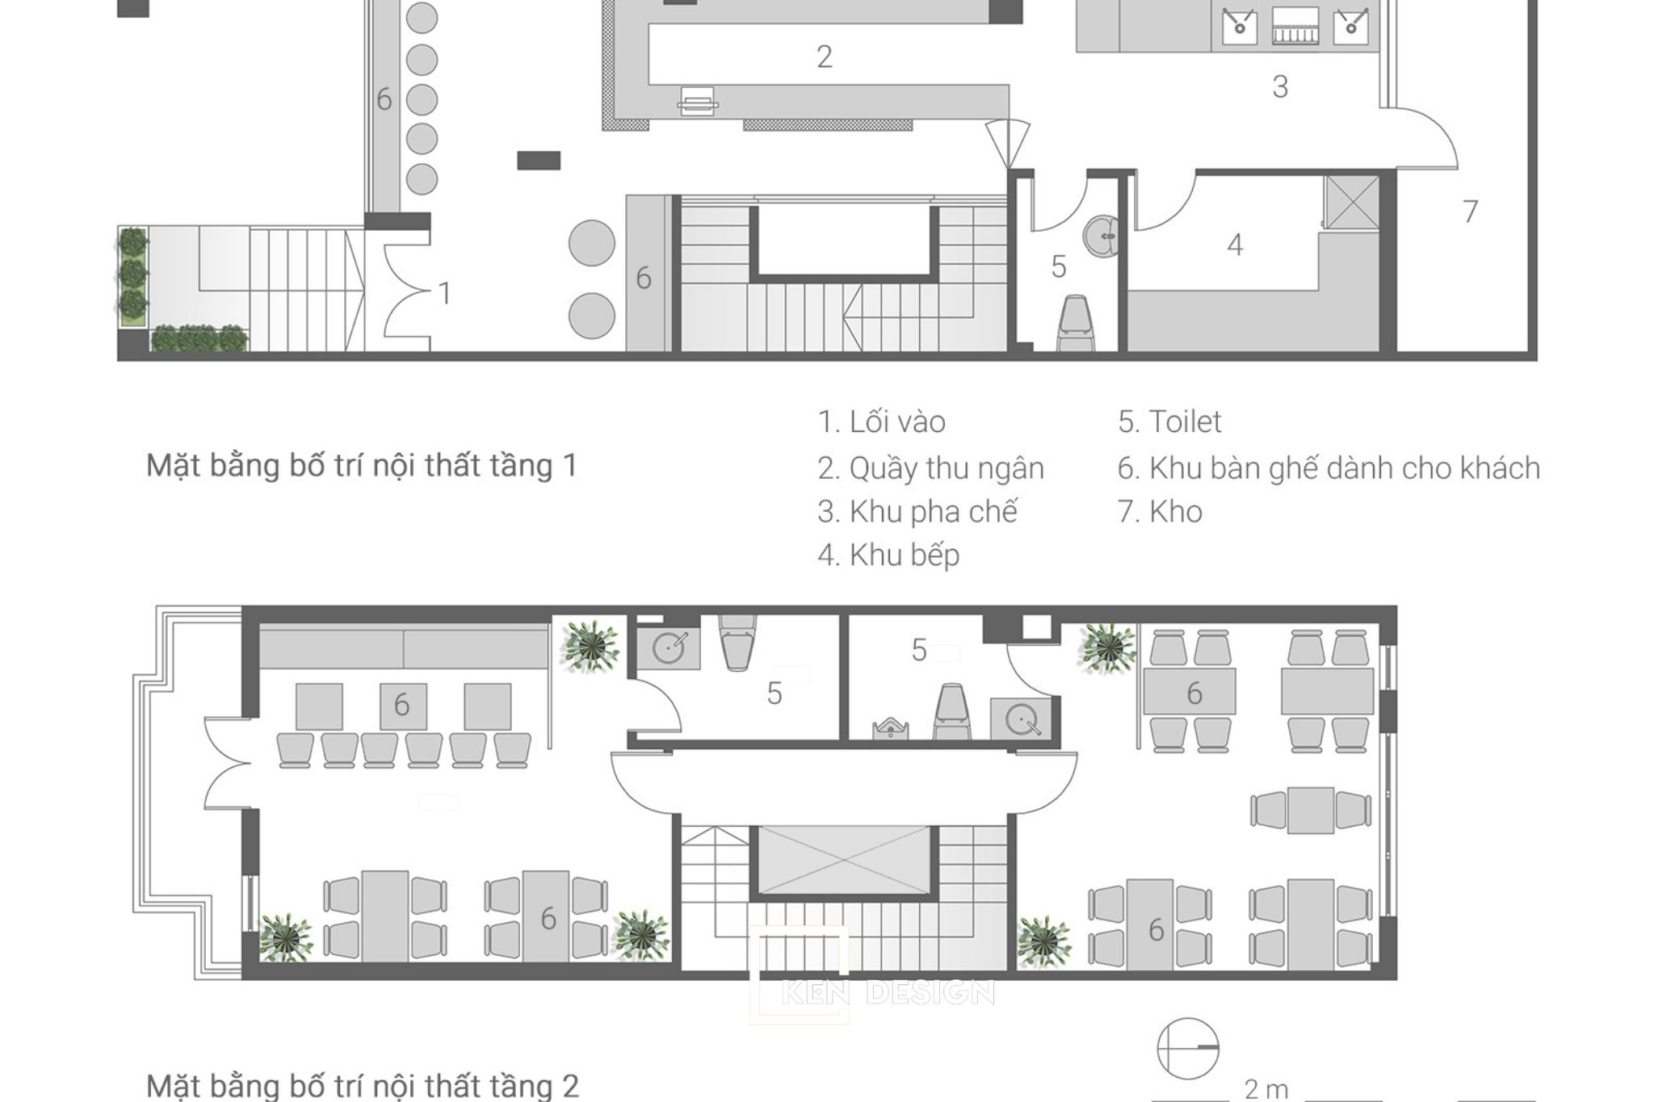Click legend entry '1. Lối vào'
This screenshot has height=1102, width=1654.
pyautogui.click(x=881, y=422)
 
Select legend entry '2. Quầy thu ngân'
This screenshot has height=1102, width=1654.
pyautogui.click(x=930, y=468)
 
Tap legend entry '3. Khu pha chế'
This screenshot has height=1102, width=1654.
pyautogui.click(x=917, y=512)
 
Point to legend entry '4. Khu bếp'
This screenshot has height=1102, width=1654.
pyautogui.click(x=888, y=555)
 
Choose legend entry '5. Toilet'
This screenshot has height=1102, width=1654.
pyautogui.click(x=1169, y=422)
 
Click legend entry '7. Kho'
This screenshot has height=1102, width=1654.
pyautogui.click(x=1160, y=512)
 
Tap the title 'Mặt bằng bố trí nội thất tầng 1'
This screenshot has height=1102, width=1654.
pyautogui.click(x=362, y=466)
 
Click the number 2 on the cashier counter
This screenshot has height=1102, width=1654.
pyautogui.click(x=824, y=57)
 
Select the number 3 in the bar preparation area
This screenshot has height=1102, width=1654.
pyautogui.click(x=1280, y=86)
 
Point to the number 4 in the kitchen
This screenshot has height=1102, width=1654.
pyautogui.click(x=1235, y=245)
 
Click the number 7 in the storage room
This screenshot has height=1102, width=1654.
pyautogui.click(x=1471, y=212)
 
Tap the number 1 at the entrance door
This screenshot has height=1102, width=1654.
pyautogui.click(x=445, y=294)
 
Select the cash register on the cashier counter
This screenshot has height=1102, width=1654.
pyautogui.click(x=697, y=101)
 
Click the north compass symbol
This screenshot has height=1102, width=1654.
pyautogui.click(x=1187, y=1048)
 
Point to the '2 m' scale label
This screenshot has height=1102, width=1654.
pyautogui.click(x=1266, y=1089)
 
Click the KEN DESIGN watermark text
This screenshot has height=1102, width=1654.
pyautogui.click(x=887, y=992)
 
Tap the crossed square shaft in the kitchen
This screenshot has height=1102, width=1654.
pyautogui.click(x=1351, y=202)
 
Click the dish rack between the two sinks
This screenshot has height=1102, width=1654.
pyautogui.click(x=1295, y=27)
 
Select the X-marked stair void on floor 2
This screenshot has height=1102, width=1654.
pyautogui.click(x=843, y=861)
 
